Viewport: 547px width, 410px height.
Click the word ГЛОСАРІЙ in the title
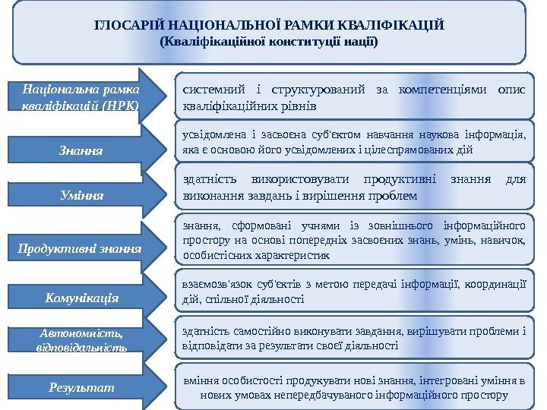[125, 26]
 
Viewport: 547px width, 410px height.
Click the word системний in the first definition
[210, 90]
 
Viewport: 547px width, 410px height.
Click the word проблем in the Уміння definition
[396, 197]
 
